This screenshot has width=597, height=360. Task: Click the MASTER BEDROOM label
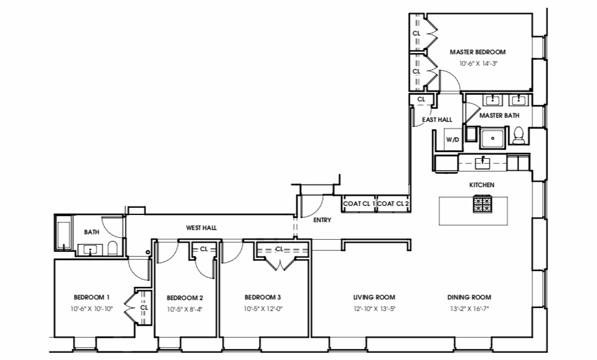(477, 53)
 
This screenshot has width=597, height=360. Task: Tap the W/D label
(452, 140)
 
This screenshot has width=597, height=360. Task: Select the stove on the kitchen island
(482, 204)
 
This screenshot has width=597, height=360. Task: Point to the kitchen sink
(482, 162)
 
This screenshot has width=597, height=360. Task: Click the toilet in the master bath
(518, 136)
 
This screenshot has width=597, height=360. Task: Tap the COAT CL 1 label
(359, 204)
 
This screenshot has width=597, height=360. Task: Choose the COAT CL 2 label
(394, 204)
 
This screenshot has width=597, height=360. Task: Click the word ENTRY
(322, 220)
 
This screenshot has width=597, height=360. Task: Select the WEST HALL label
(201, 228)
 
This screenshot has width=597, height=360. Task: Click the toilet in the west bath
(112, 249)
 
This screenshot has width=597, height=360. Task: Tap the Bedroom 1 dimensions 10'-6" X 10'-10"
(91, 309)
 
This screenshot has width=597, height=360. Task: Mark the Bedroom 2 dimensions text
(184, 309)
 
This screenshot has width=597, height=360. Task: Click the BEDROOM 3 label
(263, 297)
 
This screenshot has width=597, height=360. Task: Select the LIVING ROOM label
(374, 297)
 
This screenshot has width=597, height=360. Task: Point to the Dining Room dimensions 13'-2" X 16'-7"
(469, 309)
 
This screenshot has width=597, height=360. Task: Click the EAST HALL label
(437, 120)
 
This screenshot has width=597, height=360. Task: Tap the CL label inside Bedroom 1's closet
(144, 307)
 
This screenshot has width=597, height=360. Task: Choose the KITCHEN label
(482, 185)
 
